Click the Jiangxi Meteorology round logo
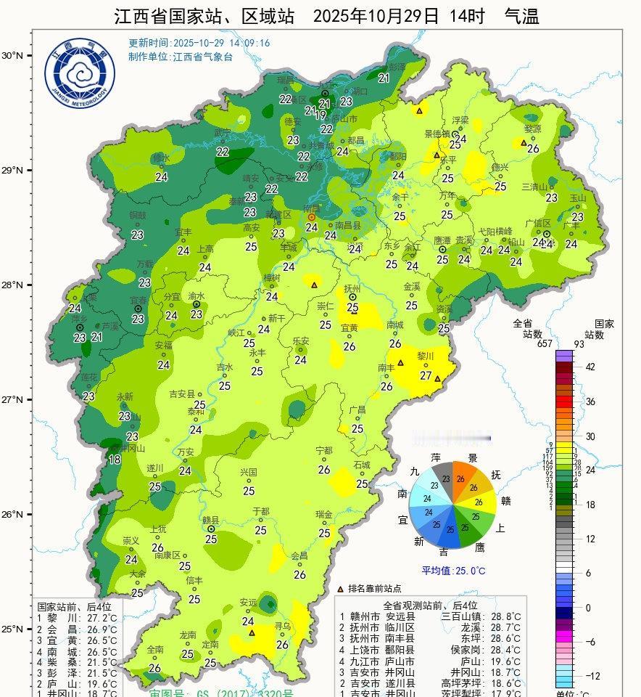coord(80,76)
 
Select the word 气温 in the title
coord(522,16)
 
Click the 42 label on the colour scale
coord(590,367)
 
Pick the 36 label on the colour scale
coord(590,402)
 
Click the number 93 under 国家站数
coord(599,343)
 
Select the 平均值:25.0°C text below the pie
coord(454,571)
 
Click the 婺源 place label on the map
coord(533,129)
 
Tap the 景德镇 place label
coord(438,134)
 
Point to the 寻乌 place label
coord(283,626)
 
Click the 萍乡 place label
coord(78,319)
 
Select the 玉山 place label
coord(577,197)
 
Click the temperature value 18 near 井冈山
coord(115,459)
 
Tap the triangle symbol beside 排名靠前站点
coord(341,589)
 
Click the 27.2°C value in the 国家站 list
coord(102,617)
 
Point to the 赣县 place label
coord(210,520)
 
